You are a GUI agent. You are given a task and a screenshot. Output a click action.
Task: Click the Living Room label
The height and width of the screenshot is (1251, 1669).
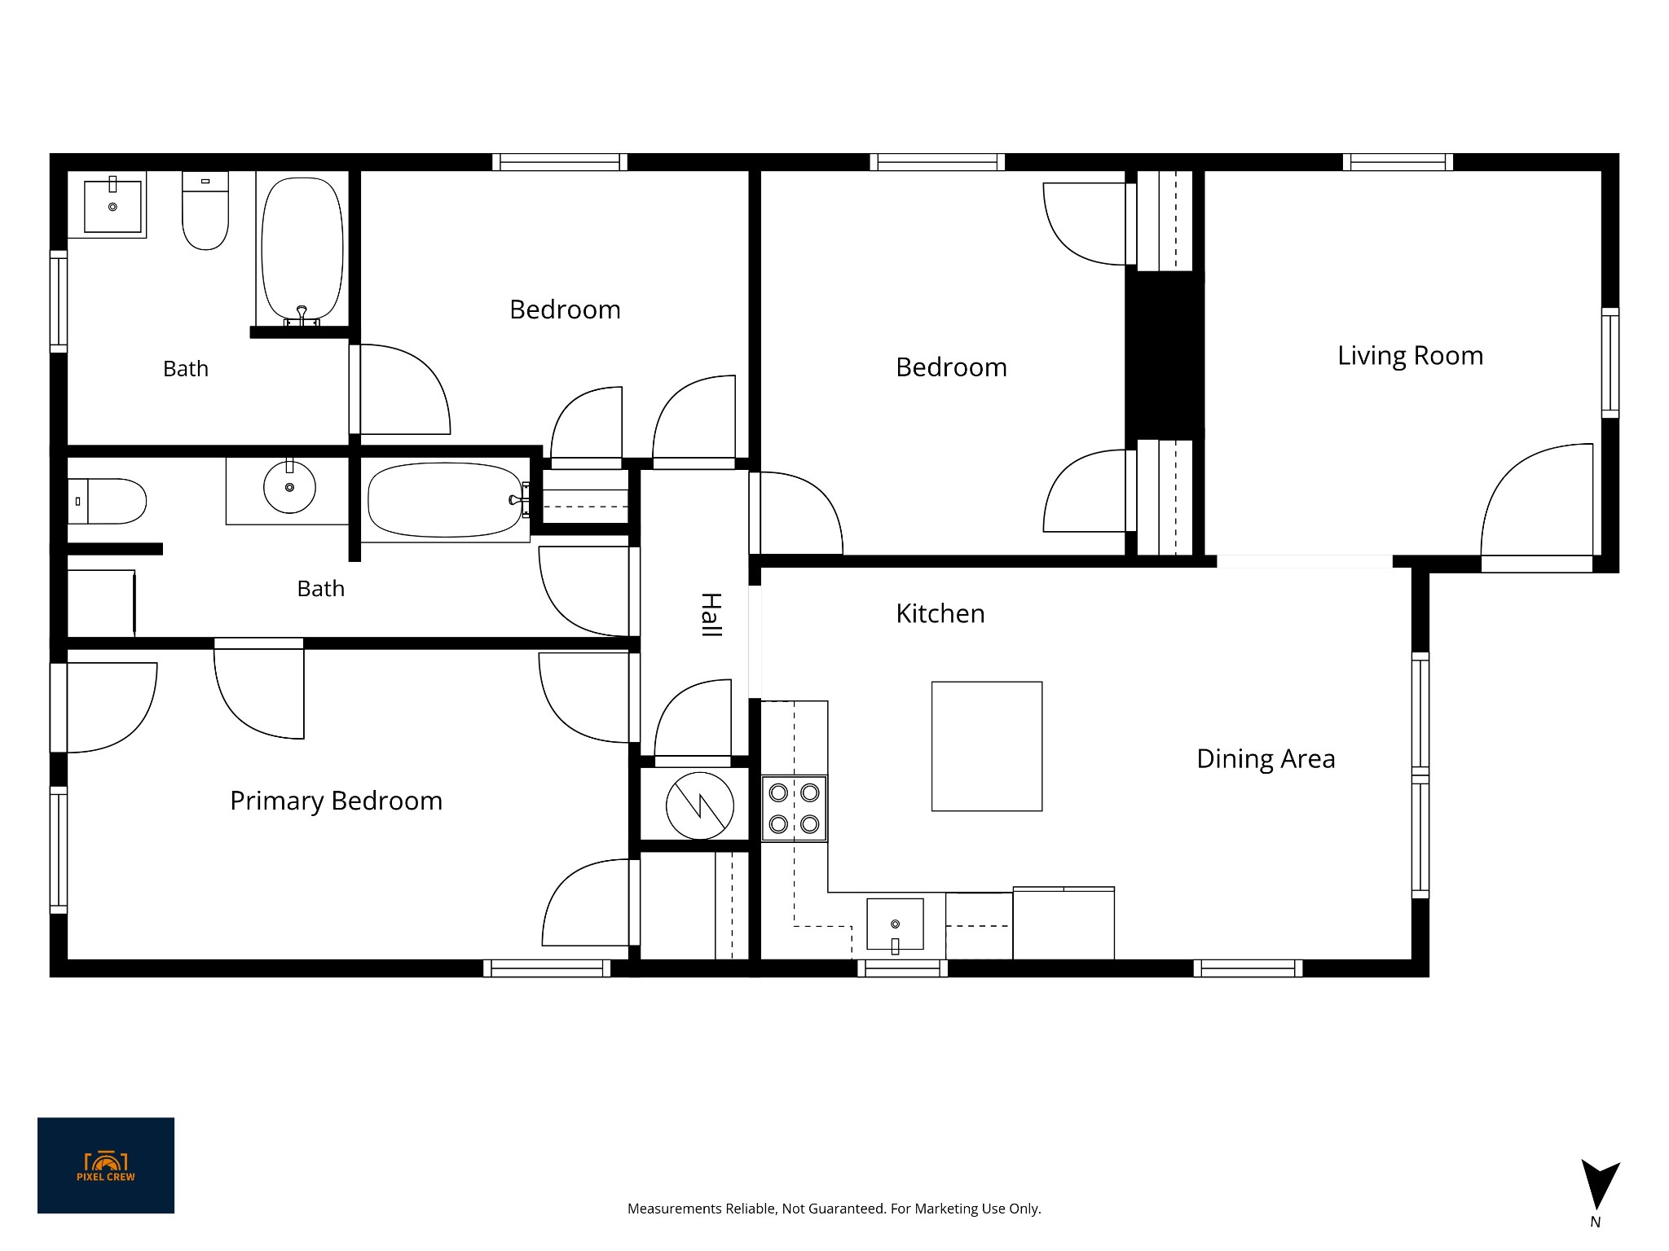click(1410, 356)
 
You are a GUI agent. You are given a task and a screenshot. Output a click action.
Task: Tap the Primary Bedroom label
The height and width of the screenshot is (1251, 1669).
click(336, 801)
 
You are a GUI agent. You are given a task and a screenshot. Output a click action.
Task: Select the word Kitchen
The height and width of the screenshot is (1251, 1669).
click(940, 613)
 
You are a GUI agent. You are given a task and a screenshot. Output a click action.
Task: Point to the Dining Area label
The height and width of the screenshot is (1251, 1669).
click(1266, 759)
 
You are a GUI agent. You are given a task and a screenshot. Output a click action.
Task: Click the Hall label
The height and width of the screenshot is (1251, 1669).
click(711, 615)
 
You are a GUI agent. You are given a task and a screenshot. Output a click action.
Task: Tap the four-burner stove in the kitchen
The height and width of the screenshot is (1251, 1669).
click(794, 809)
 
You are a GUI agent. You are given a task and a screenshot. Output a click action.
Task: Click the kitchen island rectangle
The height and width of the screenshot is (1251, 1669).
click(987, 746)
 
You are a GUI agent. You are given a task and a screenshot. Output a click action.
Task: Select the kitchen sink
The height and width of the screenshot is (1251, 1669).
click(895, 925)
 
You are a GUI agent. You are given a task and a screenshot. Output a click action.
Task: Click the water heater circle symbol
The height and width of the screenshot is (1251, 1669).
click(699, 805)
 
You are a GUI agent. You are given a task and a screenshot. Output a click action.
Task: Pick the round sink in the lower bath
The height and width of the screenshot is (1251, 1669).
click(289, 487)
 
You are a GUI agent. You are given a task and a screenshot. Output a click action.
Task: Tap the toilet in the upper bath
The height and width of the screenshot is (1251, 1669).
click(205, 210)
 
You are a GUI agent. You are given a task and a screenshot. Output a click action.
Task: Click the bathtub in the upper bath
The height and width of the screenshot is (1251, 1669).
click(302, 250)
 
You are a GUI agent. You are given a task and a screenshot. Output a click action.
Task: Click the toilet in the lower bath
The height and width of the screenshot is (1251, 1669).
click(107, 501)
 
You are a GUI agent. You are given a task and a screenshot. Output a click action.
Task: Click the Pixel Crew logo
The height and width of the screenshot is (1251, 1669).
click(106, 1165)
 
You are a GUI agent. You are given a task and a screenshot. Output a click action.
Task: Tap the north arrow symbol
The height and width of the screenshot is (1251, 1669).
click(1600, 1185)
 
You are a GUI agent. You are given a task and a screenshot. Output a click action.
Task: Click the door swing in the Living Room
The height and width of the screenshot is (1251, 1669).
click(1536, 500)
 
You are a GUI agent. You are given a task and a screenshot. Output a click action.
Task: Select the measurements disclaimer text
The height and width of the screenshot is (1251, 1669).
click(834, 1209)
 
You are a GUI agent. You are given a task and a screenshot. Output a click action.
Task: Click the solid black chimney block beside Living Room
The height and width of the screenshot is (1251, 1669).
click(1165, 356)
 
